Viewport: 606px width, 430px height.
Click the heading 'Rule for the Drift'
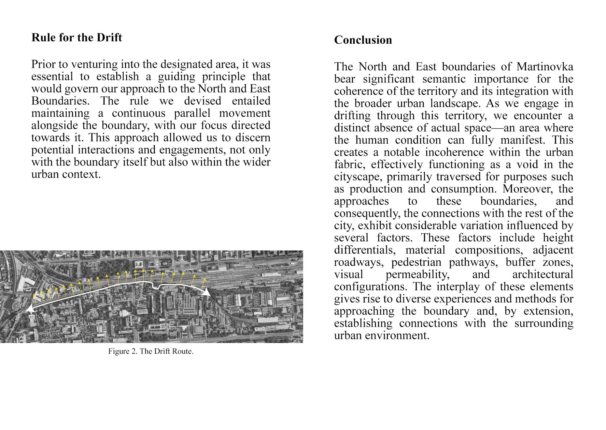[x=77, y=37]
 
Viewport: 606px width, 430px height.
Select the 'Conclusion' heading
[x=363, y=40]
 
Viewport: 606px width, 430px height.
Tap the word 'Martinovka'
[x=544, y=66]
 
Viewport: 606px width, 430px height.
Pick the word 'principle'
[x=222, y=77]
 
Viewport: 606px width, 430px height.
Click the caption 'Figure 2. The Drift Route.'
[x=151, y=351]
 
